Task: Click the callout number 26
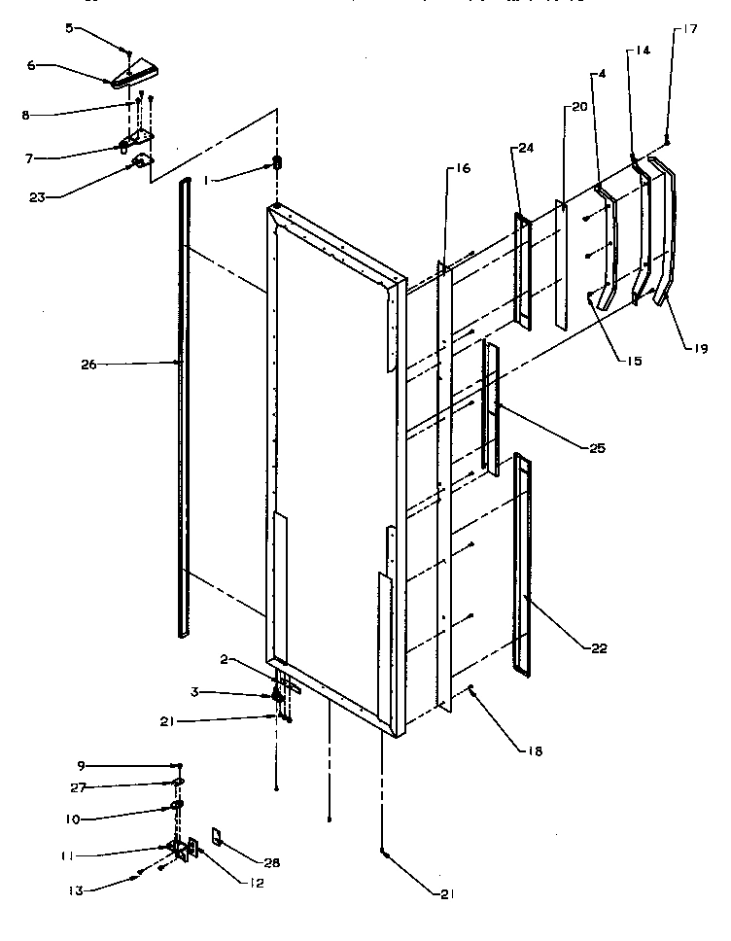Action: click(88, 365)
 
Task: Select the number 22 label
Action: click(600, 648)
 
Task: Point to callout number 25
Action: click(597, 448)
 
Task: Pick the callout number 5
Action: click(69, 28)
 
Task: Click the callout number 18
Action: click(534, 750)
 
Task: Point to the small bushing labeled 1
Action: click(276, 162)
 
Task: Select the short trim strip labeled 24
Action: click(522, 272)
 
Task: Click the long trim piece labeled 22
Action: click(522, 564)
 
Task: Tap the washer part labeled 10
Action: click(178, 806)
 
